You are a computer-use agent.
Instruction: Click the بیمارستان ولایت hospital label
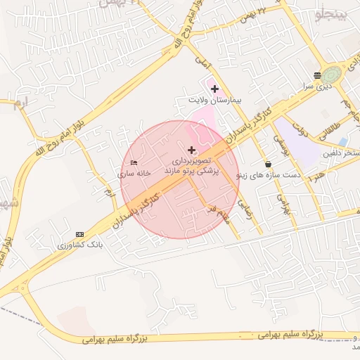214,101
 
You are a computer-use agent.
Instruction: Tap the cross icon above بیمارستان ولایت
214,89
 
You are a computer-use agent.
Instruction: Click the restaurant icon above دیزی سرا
318,75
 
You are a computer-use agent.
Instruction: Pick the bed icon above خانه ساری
134,162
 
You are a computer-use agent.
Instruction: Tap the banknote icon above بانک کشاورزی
79,234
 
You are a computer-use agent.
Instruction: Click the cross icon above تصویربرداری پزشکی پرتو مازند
191,150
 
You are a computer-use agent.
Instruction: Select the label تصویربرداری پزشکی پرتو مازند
191,166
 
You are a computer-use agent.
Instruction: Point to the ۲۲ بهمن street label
254,12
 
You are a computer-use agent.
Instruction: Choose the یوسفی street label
281,144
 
